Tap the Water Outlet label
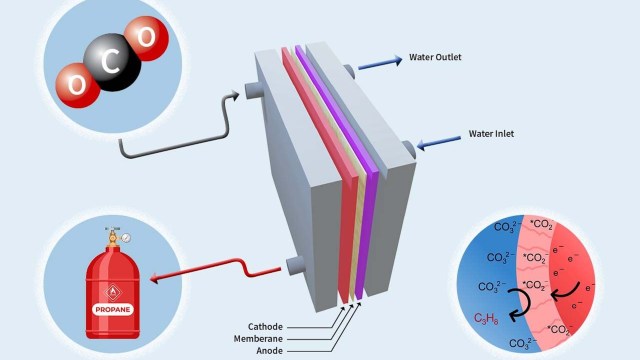[435, 57]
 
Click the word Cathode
[268, 326]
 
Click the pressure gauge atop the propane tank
[125, 238]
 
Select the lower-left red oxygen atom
[73, 83]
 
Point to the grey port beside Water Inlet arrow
[409, 150]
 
